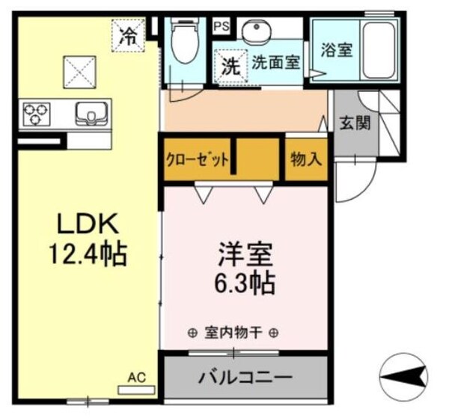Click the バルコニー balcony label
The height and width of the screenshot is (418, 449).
pyautogui.click(x=245, y=377)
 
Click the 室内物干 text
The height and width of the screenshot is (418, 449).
pyautogui.click(x=234, y=333)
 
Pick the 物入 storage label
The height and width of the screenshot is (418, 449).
pyautogui.click(x=305, y=160)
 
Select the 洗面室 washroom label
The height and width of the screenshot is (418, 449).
pyautogui.click(x=275, y=63)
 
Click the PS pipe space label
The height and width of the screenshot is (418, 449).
pyautogui.click(x=221, y=26)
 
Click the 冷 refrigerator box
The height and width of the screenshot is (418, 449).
pyautogui.click(x=129, y=34)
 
